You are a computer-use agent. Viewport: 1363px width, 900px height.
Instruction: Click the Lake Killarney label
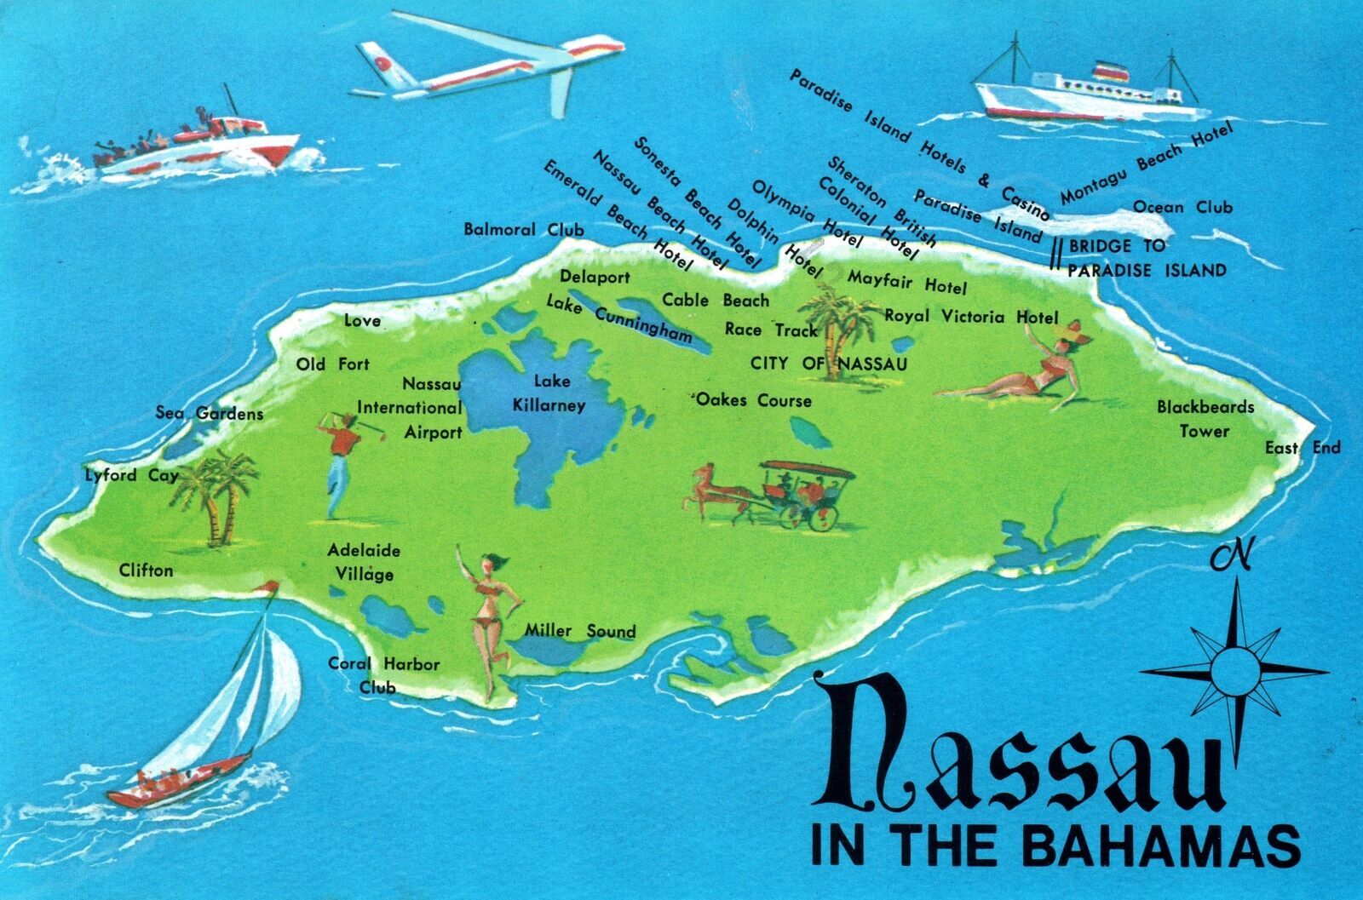pos(549,393)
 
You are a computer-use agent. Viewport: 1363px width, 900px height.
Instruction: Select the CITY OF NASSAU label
pos(828,364)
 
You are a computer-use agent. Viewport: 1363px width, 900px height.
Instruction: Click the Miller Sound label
pos(579,631)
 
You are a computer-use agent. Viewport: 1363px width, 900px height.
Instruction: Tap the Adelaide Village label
pos(364,562)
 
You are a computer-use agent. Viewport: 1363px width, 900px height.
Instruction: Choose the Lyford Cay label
pos(131,475)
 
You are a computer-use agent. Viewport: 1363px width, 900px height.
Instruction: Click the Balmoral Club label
pos(523,230)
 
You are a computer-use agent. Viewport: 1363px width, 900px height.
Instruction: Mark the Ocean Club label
pos(1182,207)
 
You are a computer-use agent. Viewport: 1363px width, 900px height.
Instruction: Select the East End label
pos(1302,448)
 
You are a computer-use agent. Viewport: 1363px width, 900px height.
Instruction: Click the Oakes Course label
pos(754,400)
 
